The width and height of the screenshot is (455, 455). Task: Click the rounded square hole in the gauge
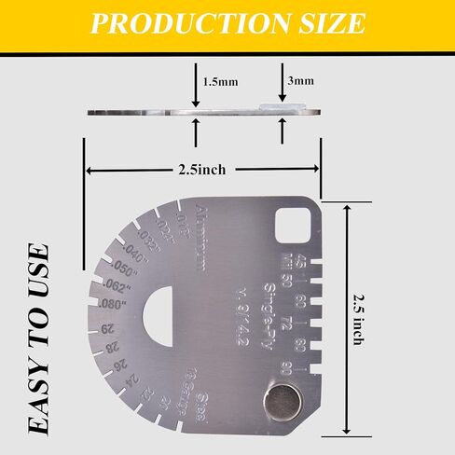click(x=296, y=227)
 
